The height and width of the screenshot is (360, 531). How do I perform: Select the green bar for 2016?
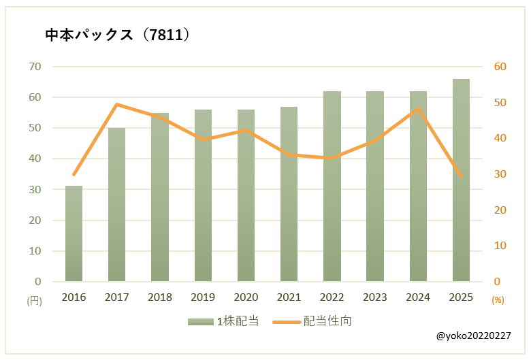[x=74, y=233]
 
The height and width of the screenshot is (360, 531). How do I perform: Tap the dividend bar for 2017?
[x=116, y=204]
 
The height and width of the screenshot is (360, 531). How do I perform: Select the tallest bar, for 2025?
[x=461, y=180]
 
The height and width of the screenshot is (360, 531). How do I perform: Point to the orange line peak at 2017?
[x=117, y=104]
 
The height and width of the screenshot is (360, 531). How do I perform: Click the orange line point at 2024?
[x=418, y=108]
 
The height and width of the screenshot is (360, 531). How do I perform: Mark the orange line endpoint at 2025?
[x=461, y=176]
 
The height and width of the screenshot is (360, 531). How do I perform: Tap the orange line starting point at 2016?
[x=74, y=174]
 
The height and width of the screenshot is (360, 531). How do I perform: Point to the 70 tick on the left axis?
[x=34, y=67]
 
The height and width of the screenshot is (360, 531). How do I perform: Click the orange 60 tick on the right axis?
[x=500, y=67]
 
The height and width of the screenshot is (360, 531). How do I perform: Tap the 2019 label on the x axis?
[x=203, y=297]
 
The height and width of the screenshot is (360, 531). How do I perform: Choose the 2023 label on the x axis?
[x=374, y=297]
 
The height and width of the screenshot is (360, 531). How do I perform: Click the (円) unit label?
[x=34, y=299]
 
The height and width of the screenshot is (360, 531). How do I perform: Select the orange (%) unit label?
[x=498, y=299]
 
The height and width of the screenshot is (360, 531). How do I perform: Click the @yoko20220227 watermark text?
[x=474, y=336]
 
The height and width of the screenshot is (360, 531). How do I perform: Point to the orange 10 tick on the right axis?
[x=500, y=246]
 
